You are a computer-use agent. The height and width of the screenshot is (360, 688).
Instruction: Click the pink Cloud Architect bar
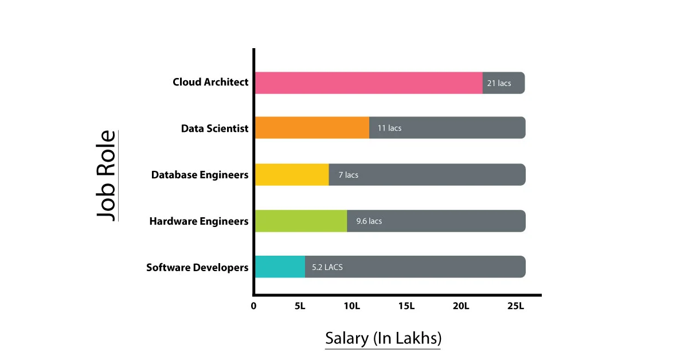369,83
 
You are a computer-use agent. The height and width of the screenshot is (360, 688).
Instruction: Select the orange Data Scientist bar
312,128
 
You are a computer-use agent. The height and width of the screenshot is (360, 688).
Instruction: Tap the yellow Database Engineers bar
292,174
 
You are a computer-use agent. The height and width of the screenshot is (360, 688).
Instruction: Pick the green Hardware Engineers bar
301,221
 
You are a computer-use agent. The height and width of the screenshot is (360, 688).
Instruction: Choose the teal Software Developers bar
280,267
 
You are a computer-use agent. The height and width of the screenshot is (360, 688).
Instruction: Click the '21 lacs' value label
499,83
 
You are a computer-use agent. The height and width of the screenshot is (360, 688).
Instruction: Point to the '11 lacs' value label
389,128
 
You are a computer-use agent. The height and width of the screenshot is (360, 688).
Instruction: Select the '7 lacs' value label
348,174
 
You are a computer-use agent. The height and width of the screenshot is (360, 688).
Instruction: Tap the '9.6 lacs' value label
369,221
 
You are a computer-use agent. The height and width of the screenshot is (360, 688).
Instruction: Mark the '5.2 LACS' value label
327,267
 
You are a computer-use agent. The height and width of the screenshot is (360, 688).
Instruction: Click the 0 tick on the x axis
253,306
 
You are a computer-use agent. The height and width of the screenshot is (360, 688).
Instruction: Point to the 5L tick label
300,306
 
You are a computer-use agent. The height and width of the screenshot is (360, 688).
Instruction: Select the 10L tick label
351,306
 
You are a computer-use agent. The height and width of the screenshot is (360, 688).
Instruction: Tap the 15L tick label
406,306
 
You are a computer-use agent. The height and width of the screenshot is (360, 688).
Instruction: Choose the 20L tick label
460,306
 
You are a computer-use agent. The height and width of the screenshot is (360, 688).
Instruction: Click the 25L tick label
515,306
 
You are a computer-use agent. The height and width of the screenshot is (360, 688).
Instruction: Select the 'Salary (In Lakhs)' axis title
383,338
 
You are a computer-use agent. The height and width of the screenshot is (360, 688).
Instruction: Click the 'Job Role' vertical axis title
106,175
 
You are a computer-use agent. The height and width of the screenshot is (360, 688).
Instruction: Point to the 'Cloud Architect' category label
210,82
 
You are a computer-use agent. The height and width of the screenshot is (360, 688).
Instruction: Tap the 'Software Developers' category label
197,267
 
